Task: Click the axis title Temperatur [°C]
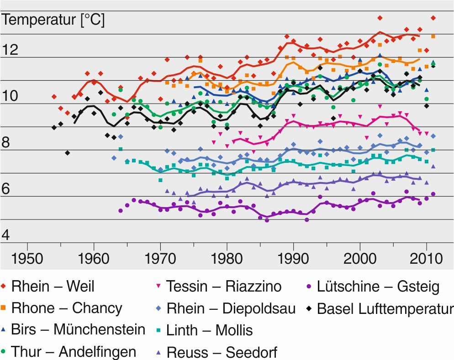click(53, 21)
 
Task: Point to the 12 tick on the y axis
click(10, 49)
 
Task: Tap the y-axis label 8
click(6, 142)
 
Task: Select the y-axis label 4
click(6, 235)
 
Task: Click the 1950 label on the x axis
click(27, 259)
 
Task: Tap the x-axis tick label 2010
click(426, 259)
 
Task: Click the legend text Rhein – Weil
click(53, 287)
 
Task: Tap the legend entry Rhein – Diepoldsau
click(231, 308)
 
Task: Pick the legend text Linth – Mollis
click(209, 329)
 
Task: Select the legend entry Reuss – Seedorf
click(222, 352)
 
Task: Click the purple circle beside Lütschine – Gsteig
click(309, 287)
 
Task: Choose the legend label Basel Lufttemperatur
click(385, 308)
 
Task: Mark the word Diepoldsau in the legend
click(259, 308)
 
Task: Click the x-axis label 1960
click(94, 259)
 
